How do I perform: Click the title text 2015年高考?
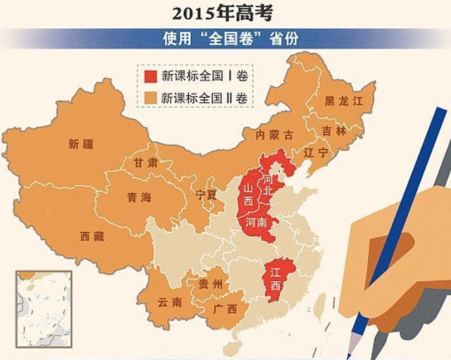tap(226, 12)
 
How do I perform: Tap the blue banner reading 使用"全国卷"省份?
tap(226, 38)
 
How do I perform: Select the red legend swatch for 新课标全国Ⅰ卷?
tap(150, 75)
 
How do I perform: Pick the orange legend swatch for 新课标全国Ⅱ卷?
tap(150, 96)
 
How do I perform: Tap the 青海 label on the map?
tap(139, 198)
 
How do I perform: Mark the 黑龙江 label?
tap(343, 102)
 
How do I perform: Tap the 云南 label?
tap(169, 303)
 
